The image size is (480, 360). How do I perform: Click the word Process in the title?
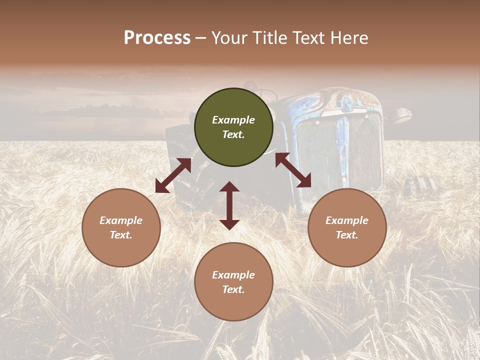pos(157,38)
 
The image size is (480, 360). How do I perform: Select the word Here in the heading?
pos(348,38)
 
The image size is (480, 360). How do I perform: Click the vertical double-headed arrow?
pos(229,205)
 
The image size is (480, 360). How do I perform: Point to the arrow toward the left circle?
pos(173,175)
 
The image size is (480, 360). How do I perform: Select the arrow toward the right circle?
pos(293,170)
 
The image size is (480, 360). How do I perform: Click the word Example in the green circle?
pos(233,120)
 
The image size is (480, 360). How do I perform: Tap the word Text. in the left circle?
pos(121,235)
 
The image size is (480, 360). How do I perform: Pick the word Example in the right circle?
pos(347,220)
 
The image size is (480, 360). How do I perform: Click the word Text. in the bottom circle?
pos(233,289)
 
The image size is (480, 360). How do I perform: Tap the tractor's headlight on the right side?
pos(401,116)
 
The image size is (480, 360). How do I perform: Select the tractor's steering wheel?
pos(268,94)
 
